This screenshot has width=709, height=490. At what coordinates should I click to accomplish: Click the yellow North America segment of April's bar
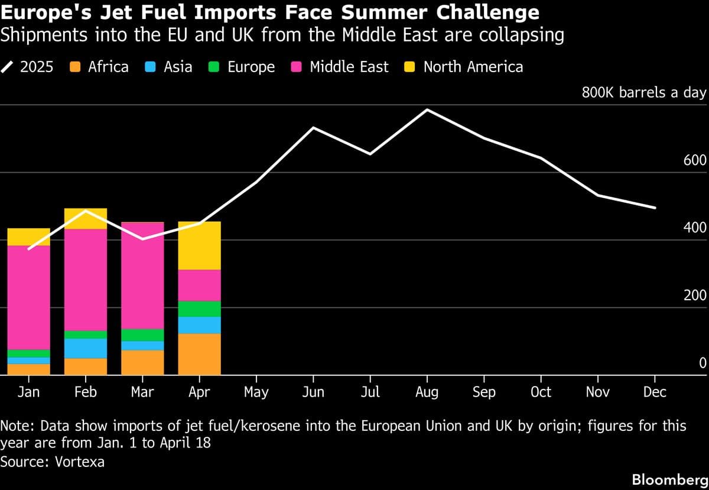pos(199,245)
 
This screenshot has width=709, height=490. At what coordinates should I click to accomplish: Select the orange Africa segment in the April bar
pos(199,354)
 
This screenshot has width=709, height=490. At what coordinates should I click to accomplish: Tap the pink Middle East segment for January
pos(28,297)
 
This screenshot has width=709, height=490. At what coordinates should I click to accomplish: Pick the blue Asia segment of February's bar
pos(86,348)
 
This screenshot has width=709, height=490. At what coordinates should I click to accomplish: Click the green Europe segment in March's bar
pos(142,335)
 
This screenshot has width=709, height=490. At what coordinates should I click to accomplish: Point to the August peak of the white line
pos(427,110)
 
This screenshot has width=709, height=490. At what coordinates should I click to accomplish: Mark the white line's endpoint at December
pos(655,207)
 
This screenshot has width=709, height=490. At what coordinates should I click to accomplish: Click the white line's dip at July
pos(370,154)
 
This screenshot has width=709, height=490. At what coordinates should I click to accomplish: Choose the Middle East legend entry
pos(341,67)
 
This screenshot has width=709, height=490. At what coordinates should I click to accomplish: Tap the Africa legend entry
pos(100,67)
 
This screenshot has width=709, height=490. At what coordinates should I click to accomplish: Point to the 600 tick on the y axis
pos(695,161)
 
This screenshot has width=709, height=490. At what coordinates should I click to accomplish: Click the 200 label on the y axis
pos(695,296)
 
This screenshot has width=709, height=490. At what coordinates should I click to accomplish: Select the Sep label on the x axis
pos(484,392)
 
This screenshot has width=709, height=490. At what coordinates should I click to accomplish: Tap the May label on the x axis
pos(256,392)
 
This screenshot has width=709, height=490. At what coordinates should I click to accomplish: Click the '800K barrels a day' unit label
pos(644,93)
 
